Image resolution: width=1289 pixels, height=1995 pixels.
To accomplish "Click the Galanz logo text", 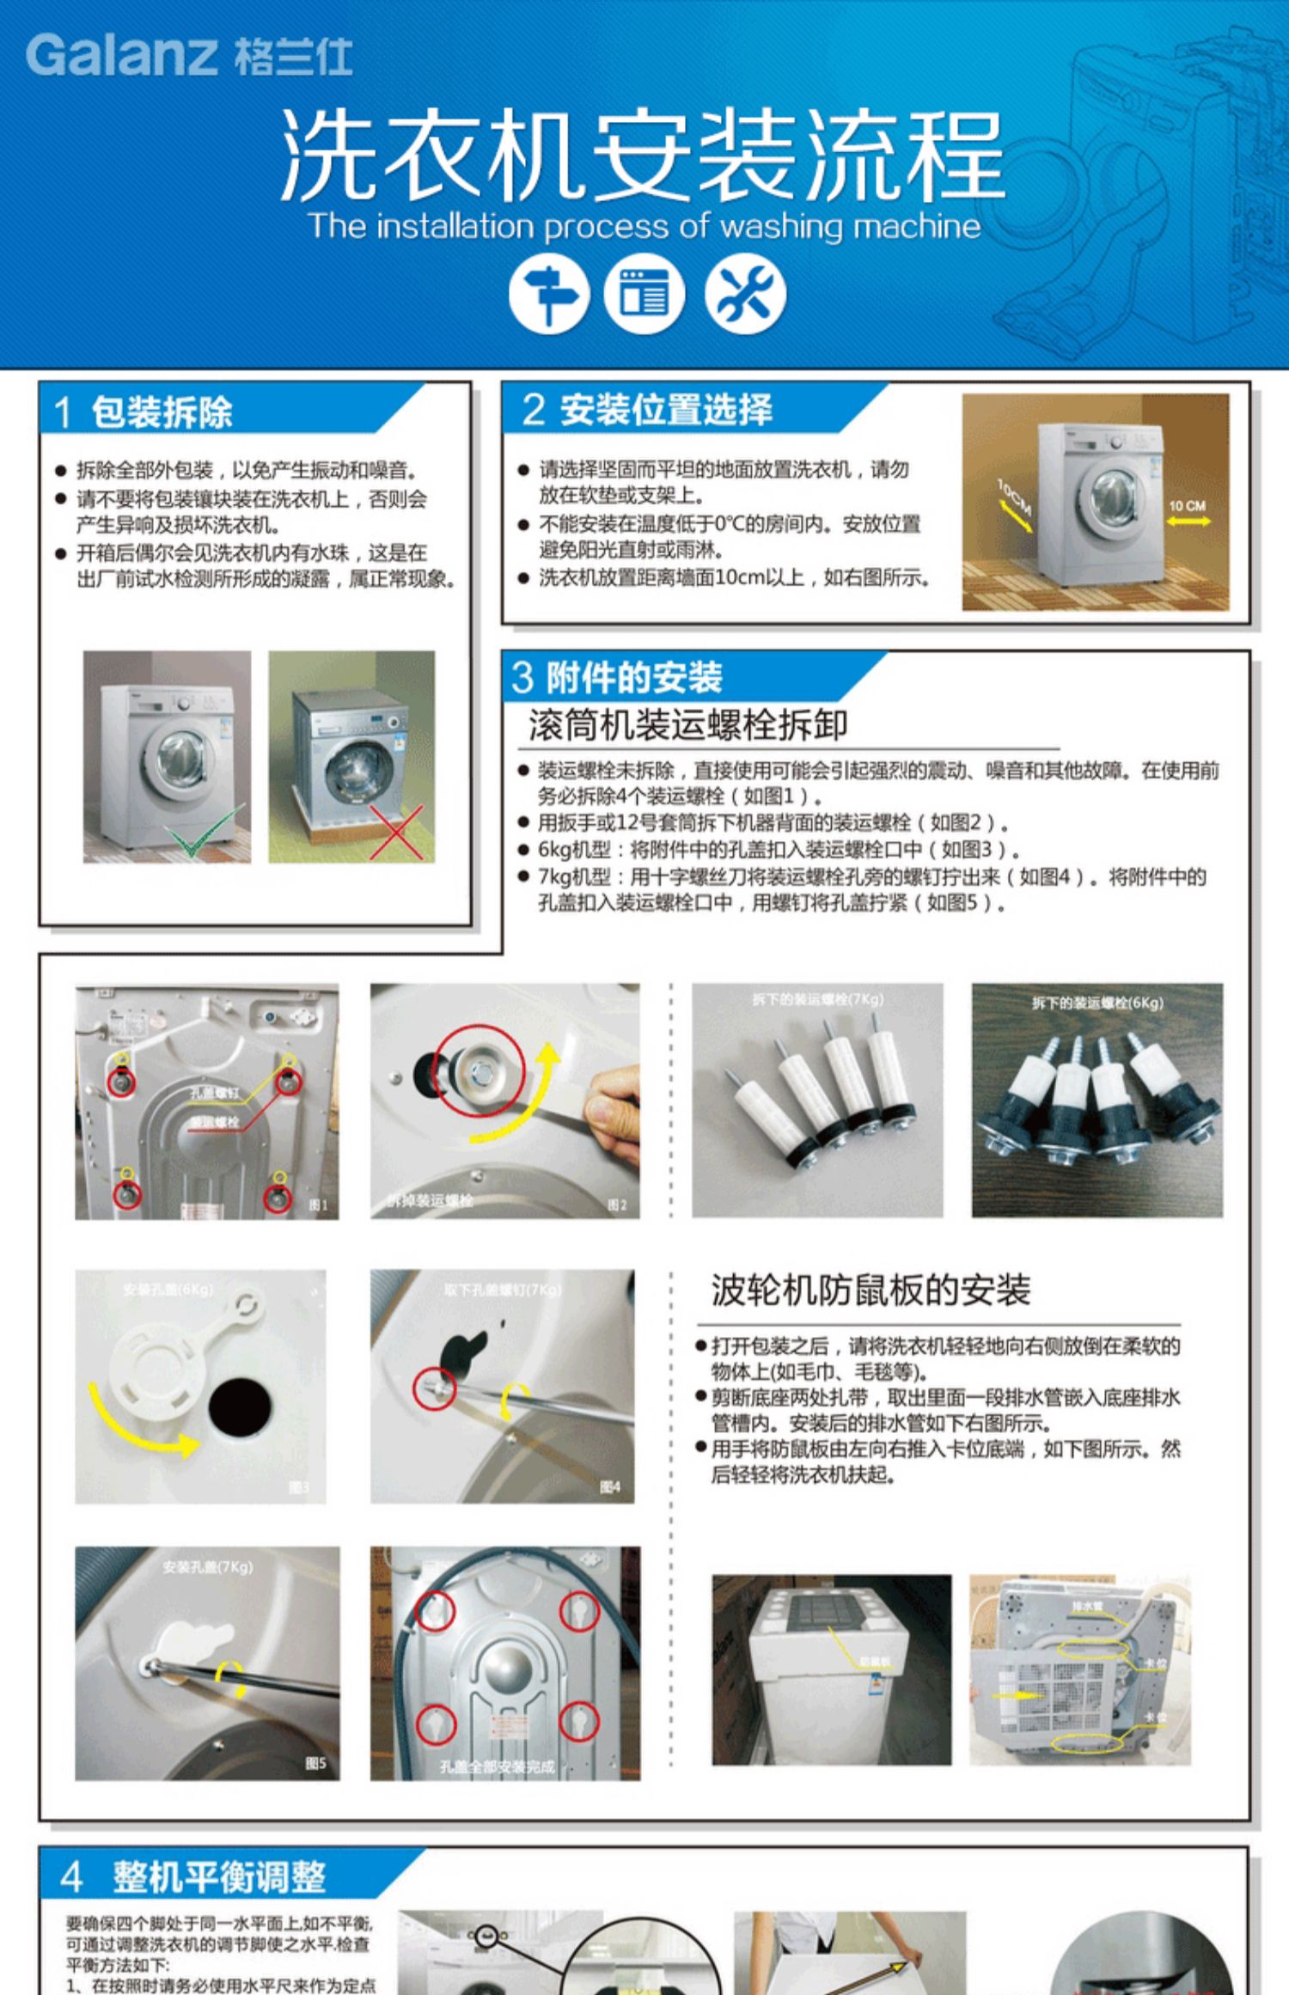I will [189, 56].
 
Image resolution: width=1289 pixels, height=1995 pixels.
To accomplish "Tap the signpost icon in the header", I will [549, 296].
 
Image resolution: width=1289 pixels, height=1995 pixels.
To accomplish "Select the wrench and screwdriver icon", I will [745, 296].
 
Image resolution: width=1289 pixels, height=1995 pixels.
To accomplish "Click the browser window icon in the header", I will [644, 296].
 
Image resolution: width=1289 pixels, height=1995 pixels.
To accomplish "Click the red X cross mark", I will [396, 832].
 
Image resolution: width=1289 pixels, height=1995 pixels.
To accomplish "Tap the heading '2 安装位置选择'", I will [649, 409].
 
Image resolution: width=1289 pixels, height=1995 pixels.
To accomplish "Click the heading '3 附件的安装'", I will [617, 677].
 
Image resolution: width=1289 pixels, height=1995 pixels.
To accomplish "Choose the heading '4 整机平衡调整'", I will [194, 1876].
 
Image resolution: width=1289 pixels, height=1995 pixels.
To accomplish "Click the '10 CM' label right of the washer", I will [1187, 506].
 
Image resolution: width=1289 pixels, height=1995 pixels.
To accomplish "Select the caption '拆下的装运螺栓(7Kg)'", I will [817, 999].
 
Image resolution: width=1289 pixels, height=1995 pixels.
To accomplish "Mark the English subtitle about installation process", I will [644, 226].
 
